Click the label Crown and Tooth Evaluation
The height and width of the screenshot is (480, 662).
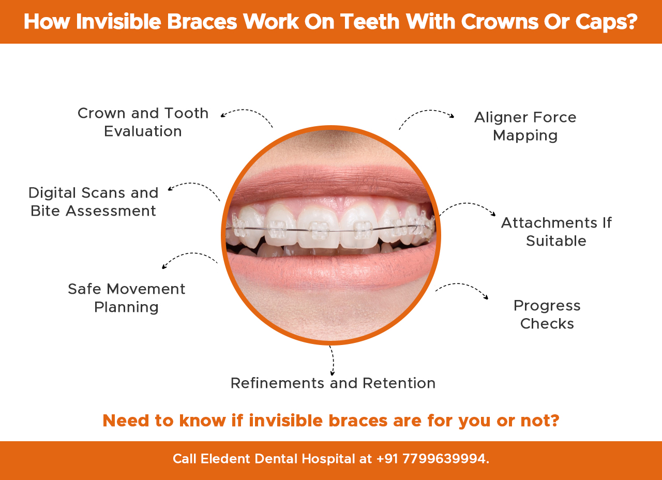point(143,122)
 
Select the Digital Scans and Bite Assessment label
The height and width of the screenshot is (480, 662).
point(93,202)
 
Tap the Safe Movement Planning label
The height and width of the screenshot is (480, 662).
point(127,298)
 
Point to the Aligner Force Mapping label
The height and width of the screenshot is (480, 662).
point(525,126)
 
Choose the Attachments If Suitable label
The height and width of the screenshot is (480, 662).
point(556,232)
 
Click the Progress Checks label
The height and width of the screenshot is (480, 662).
point(547,314)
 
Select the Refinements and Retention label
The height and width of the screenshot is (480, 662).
point(333,383)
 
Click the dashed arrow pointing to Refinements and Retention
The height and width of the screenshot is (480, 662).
point(332,361)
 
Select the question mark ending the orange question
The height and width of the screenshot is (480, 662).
point(554,421)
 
